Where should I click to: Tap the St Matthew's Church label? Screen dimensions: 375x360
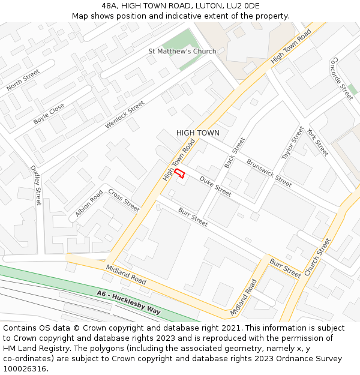(182, 52)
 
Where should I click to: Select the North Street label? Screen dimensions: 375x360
(23, 80)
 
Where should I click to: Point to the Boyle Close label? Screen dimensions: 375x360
(49, 113)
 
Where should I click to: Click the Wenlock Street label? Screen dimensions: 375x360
(125, 114)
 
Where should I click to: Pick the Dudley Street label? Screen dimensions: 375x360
(36, 185)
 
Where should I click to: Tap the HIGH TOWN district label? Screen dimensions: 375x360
(197, 133)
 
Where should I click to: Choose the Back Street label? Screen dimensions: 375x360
(235, 152)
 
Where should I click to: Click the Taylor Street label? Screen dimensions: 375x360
(293, 143)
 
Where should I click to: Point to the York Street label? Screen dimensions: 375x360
(317, 142)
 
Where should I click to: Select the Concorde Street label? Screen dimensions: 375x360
(342, 79)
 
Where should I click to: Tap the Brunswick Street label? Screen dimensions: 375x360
(269, 173)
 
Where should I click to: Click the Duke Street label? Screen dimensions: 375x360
(215, 186)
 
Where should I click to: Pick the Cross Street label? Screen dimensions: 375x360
(124, 200)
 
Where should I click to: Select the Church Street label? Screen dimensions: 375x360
(317, 257)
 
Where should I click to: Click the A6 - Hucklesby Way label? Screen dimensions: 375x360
(128, 302)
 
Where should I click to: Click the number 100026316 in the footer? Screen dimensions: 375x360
(25, 368)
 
